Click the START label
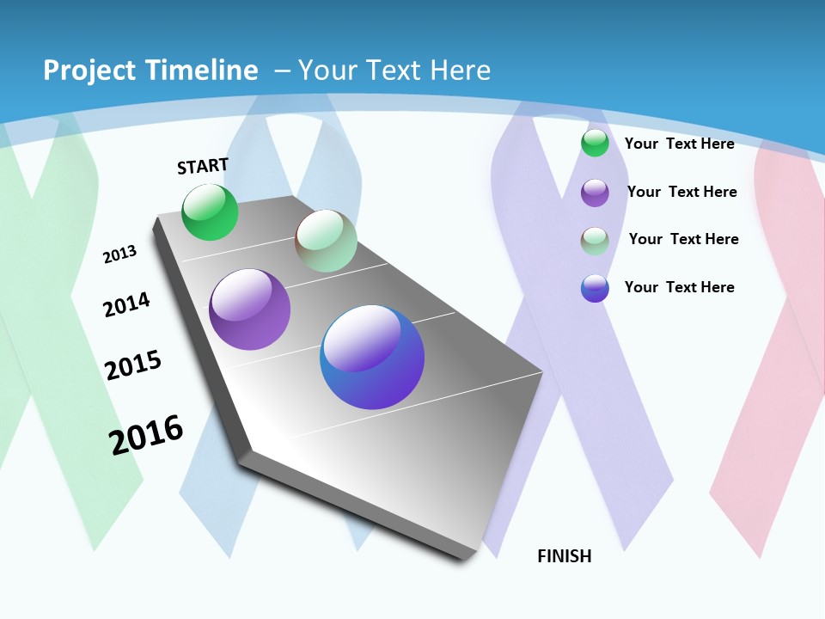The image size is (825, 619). [x=203, y=166]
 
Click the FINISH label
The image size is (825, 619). [x=564, y=556]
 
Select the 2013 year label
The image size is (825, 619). [x=120, y=254]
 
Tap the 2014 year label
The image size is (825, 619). [x=126, y=304]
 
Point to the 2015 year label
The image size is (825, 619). [x=133, y=365]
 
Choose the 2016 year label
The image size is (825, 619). [x=146, y=435]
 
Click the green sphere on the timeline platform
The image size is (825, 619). [x=210, y=212]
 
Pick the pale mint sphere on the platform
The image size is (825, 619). [x=326, y=241]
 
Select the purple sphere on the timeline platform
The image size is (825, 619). [x=249, y=309]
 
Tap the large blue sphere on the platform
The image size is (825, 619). [x=372, y=357]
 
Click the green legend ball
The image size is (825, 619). [x=595, y=143]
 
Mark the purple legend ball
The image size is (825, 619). [x=595, y=193]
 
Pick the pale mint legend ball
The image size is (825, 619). [x=595, y=241]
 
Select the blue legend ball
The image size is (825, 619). [x=595, y=288]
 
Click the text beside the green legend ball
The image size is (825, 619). [x=679, y=144]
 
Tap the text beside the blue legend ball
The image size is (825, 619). [x=679, y=287]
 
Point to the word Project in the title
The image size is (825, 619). [x=84, y=70]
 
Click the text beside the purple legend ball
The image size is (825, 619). [x=681, y=192]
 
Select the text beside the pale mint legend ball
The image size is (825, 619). [x=683, y=239]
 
